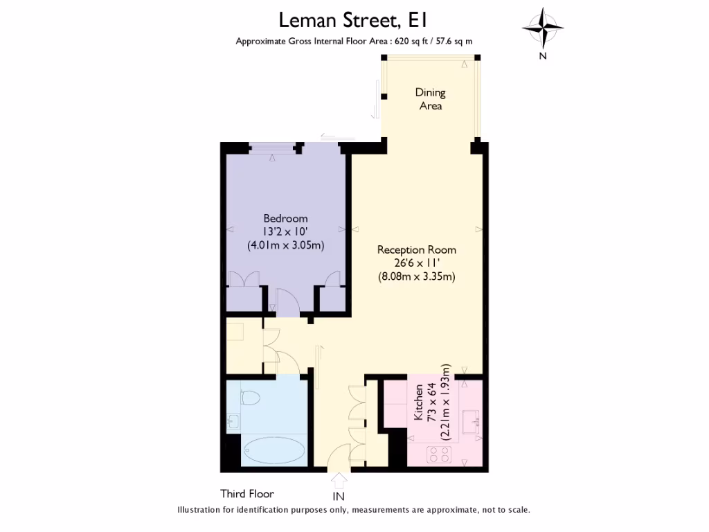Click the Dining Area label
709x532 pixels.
coord(430,99)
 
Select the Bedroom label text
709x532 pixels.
coord(285,219)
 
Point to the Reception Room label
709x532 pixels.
coord(416,249)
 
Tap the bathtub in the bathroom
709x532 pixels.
coord(274,451)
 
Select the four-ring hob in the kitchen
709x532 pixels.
coord(440,454)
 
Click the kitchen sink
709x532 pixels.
coord(474,420)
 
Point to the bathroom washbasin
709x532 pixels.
coord(232,421)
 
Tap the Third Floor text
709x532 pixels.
coord(247,494)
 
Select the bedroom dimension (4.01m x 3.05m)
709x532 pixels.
coord(285,245)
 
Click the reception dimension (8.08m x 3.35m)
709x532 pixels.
coord(416,276)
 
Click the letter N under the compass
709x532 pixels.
coord(543,57)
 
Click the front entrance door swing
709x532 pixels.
coord(338,458)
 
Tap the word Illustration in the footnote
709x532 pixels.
coord(201,510)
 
